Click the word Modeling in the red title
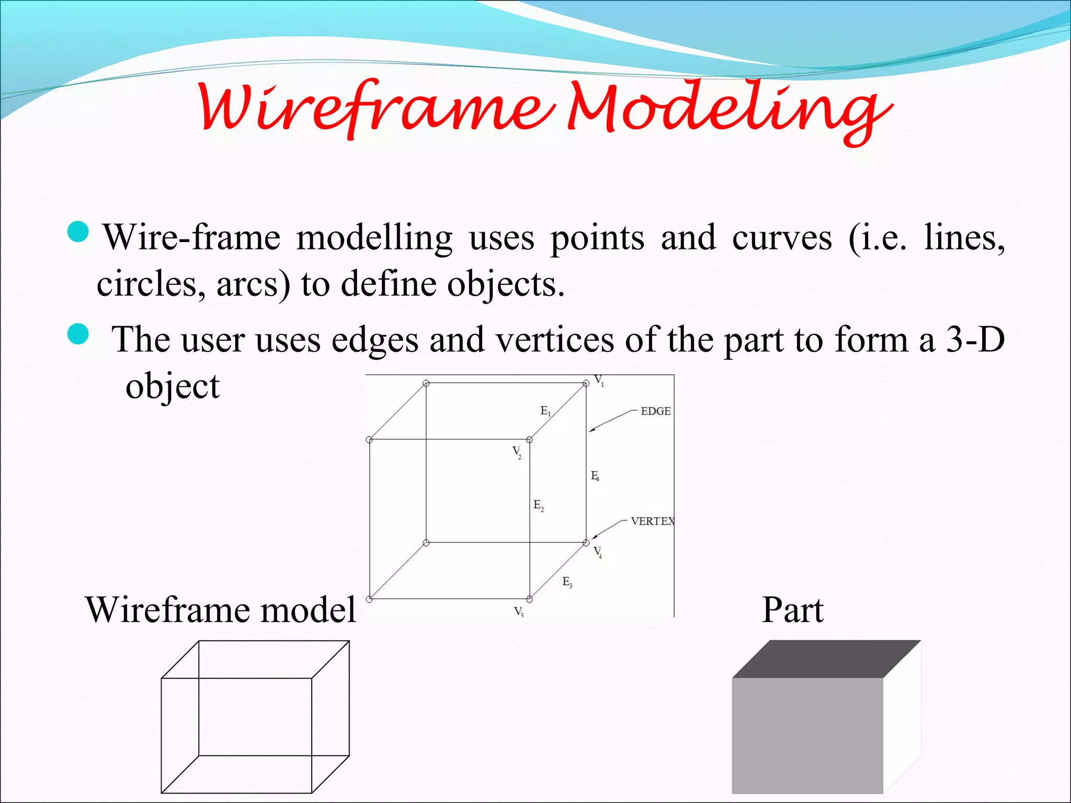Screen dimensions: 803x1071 click(x=730, y=110)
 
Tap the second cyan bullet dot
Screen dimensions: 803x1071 click(x=79, y=334)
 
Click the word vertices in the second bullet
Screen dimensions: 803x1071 click(x=554, y=340)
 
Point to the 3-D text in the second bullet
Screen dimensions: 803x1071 click(x=975, y=339)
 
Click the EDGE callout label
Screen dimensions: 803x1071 click(x=655, y=411)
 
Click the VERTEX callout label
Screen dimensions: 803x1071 click(x=652, y=521)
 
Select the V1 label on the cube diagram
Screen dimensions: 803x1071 click(x=599, y=380)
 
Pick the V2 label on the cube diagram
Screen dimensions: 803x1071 click(x=517, y=452)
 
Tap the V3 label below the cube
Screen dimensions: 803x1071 click(x=518, y=612)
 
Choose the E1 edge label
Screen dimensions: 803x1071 click(x=545, y=411)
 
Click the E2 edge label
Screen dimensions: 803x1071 click(x=539, y=506)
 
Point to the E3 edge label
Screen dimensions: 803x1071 click(x=567, y=582)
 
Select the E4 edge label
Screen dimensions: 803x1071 click(x=595, y=476)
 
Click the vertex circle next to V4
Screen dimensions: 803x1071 click(x=586, y=543)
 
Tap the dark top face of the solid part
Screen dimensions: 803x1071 click(x=826, y=659)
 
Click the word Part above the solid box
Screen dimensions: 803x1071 click(x=792, y=610)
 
